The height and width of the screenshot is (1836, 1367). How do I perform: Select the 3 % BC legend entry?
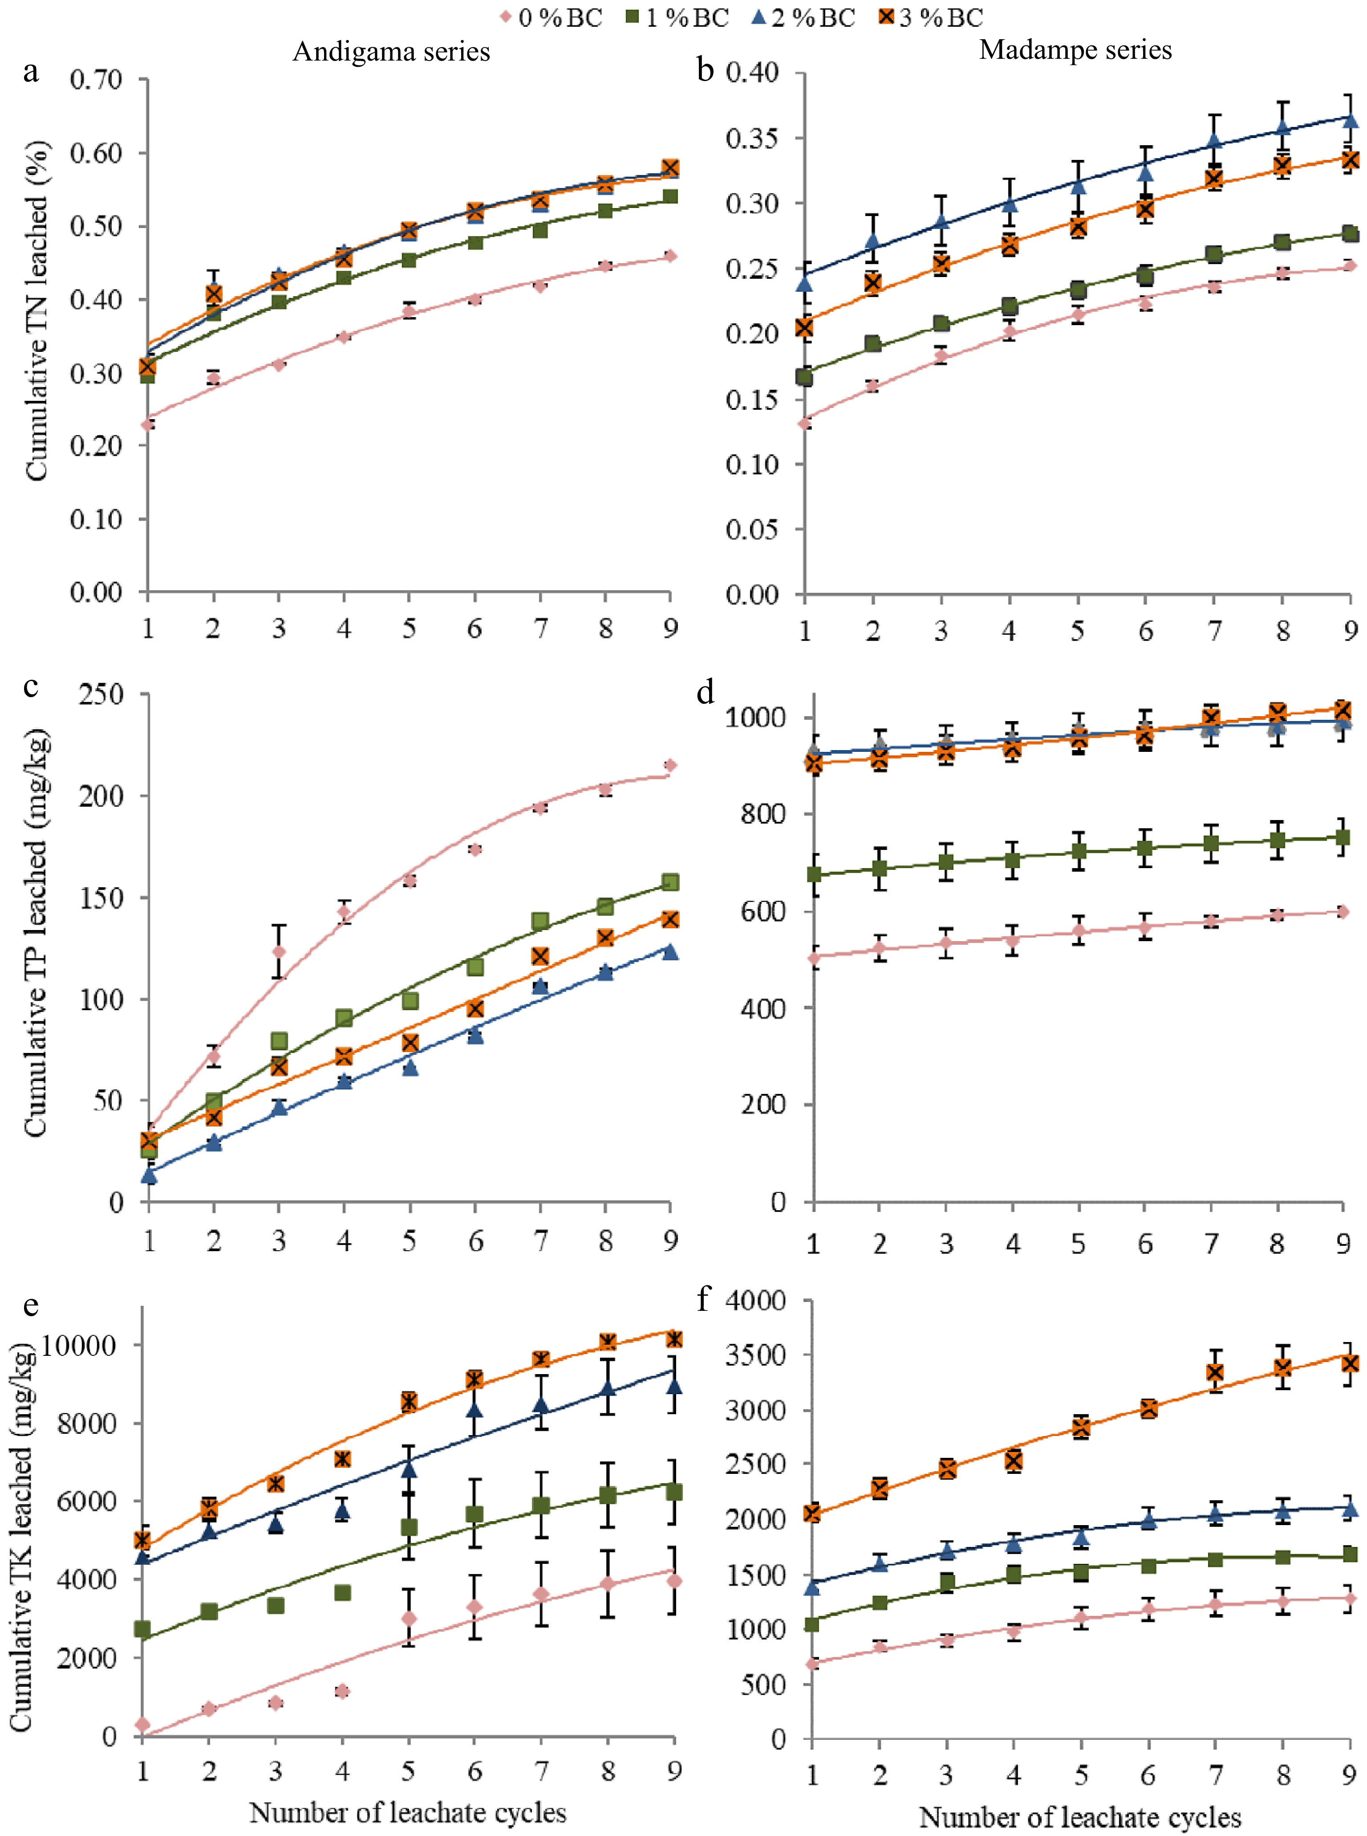point(931,17)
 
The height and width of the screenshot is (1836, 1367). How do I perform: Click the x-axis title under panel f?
point(1080,1817)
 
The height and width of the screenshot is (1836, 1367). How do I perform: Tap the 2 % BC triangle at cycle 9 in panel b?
point(1350,120)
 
